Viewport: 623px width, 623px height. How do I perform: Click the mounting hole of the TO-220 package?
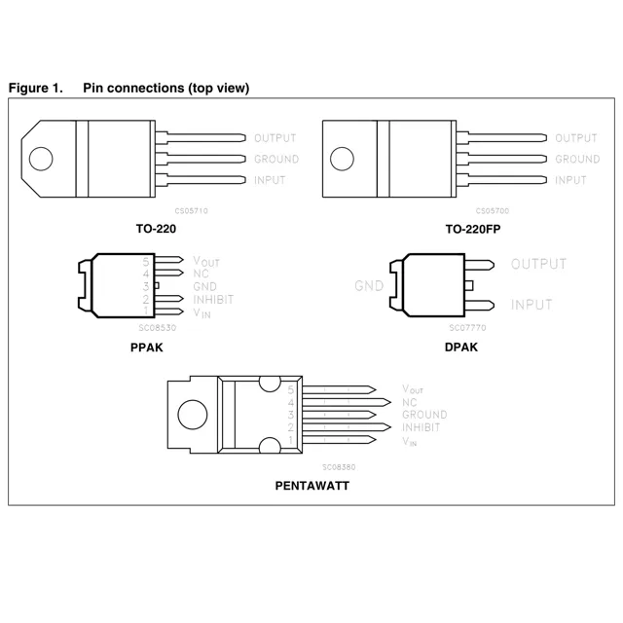point(41,159)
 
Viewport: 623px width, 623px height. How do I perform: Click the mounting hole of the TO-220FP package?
point(343,159)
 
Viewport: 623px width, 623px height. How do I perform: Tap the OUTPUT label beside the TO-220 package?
point(275,138)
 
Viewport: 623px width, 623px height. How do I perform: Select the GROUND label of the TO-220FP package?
point(577,159)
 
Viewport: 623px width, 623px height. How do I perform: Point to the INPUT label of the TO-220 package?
point(270,180)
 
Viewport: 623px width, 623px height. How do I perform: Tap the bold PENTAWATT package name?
point(311,485)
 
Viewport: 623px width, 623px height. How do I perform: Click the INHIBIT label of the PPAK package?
point(213,300)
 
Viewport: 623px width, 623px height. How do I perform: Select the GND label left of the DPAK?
point(369,286)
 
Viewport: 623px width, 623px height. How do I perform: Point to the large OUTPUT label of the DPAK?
point(538,264)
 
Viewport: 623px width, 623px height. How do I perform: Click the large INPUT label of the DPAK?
point(531,305)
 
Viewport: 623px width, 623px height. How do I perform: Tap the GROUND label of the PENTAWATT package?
point(424,415)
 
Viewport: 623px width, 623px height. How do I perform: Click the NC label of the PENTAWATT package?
point(409,402)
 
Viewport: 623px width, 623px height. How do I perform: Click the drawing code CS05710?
point(191,210)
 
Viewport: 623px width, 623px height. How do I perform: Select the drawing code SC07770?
point(467,328)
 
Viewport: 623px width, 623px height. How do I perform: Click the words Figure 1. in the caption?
point(35,88)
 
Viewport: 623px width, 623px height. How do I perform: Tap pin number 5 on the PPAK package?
point(146,262)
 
